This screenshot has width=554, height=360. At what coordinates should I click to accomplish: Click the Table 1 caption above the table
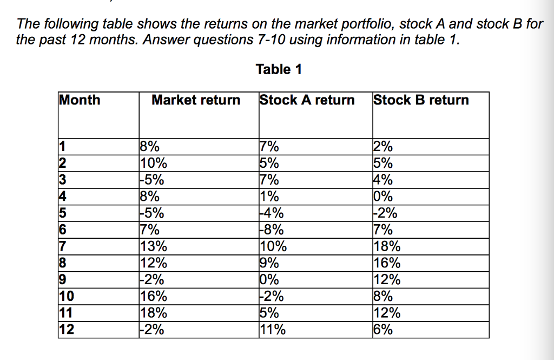pos(279,69)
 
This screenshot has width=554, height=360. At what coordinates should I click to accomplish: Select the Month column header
pos(80,100)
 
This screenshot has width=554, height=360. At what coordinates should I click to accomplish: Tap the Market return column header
pos(196,100)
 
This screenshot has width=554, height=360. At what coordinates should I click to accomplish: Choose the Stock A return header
pos(307,100)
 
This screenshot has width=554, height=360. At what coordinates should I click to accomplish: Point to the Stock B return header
pos(421,100)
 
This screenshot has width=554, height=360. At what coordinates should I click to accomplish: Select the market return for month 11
pos(154,313)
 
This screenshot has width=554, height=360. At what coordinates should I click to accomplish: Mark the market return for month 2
pos(154,163)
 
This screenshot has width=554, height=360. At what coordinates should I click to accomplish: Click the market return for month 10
pos(154,297)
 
